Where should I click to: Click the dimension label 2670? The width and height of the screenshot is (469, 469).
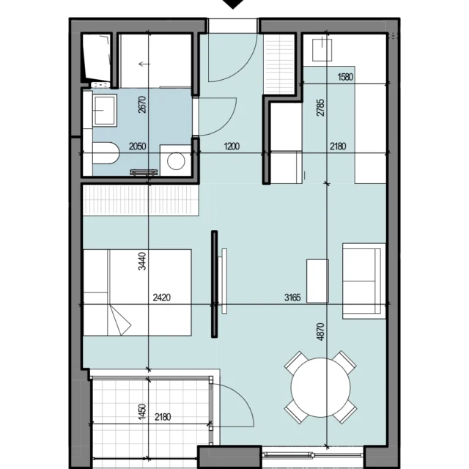pyautogui.click(x=142, y=104)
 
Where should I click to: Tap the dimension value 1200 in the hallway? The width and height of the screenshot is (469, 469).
pyautogui.click(x=232, y=147)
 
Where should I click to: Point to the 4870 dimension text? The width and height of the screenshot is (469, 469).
pyautogui.click(x=320, y=331)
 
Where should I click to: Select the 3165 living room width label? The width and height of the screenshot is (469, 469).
pyautogui.click(x=292, y=298)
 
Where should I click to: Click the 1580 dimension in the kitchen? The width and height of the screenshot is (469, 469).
pyautogui.click(x=345, y=77)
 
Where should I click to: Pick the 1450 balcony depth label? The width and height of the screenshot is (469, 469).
pyautogui.click(x=142, y=411)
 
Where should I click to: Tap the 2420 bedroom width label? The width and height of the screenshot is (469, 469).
pyautogui.click(x=162, y=298)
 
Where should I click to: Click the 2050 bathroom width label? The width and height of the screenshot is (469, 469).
pyautogui.click(x=138, y=147)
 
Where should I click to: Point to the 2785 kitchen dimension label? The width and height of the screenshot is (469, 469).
pyautogui.click(x=320, y=108)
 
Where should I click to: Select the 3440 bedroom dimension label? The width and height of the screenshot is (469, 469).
pyautogui.click(x=142, y=261)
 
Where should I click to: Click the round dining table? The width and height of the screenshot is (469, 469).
pyautogui.click(x=320, y=388)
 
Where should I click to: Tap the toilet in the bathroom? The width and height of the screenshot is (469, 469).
pyautogui.click(x=106, y=153)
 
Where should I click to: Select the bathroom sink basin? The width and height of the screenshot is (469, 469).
pyautogui.click(x=104, y=111)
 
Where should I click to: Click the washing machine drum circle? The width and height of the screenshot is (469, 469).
pyautogui.click(x=176, y=161)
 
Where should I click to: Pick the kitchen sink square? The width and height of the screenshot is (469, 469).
pyautogui.click(x=322, y=50)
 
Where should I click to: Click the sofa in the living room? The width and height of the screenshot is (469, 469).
pyautogui.click(x=364, y=281)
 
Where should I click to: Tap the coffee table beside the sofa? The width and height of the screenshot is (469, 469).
pyautogui.click(x=317, y=281)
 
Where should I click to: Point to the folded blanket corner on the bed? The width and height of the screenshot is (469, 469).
pyautogui.click(x=119, y=320)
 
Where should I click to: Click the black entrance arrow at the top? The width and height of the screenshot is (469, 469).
pyautogui.click(x=233, y=4)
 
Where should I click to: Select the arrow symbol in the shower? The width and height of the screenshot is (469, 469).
pyautogui.click(x=144, y=64)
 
